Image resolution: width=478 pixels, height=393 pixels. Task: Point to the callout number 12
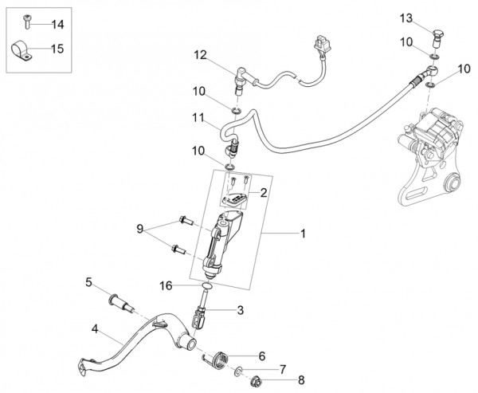click(x=200, y=55)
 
